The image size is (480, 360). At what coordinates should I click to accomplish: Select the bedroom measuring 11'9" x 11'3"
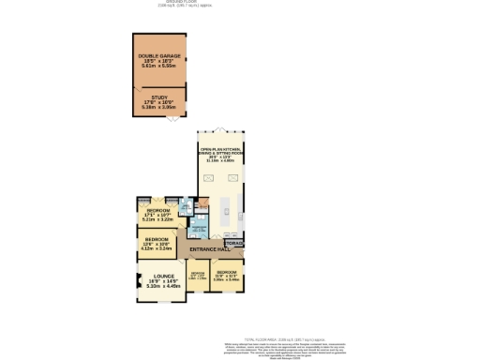[x=226, y=277]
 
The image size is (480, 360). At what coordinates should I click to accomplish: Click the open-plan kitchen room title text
[x=217, y=151]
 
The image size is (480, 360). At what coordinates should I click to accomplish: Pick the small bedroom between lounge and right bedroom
[x=197, y=277]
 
